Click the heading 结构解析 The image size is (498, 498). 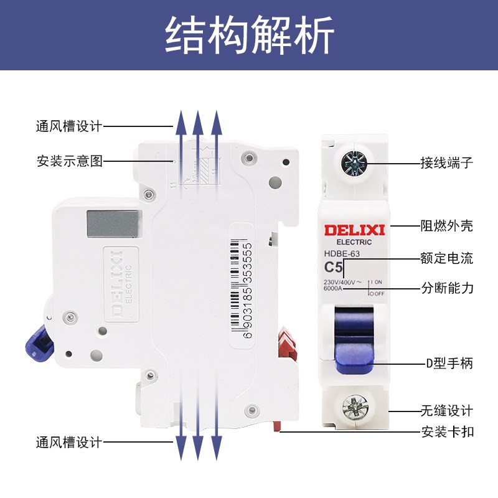click(249, 35)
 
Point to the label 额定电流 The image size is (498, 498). click(447, 258)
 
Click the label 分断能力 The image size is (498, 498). click(447, 288)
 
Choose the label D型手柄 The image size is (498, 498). click(447, 363)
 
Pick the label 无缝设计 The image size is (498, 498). click(447, 411)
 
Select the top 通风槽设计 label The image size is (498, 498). click(68, 126)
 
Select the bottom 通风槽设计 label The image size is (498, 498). click(68, 443)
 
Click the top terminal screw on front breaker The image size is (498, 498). click(354, 163)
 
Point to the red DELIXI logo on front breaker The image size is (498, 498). click(354, 230)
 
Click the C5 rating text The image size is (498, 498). click(334, 268)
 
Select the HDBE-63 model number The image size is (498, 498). click(342, 253)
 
